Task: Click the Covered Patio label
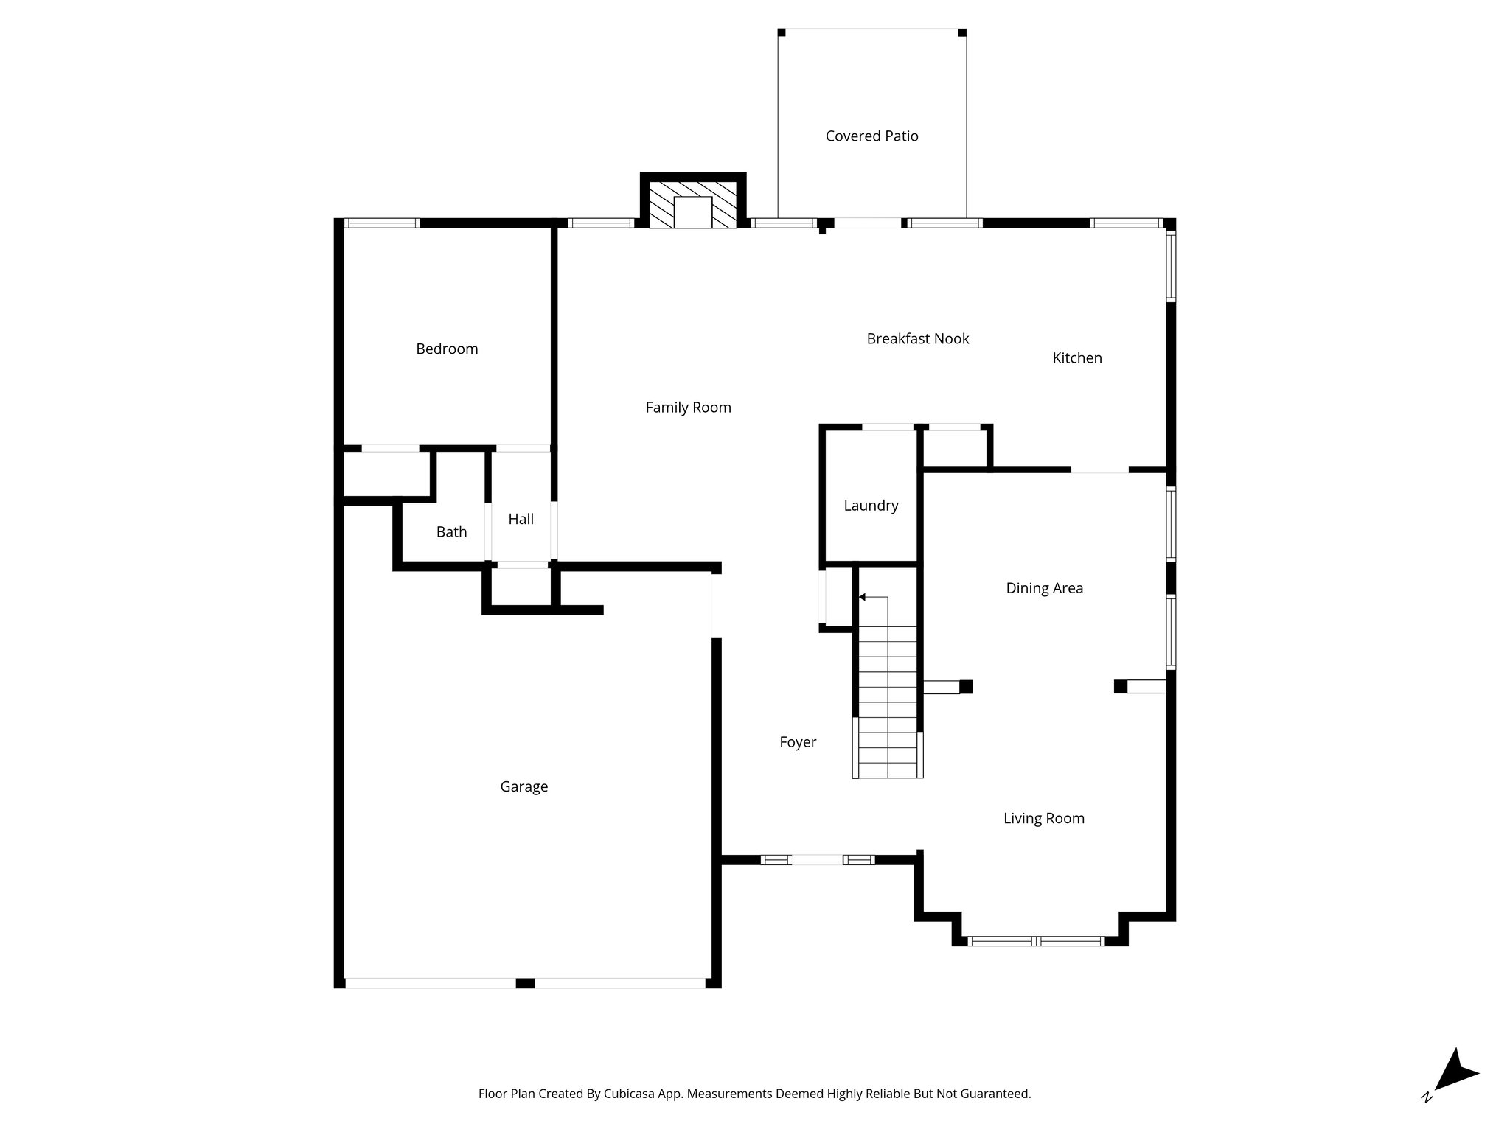tap(871, 136)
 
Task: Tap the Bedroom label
tap(447, 349)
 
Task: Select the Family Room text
tap(688, 408)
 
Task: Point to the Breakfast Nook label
tap(917, 339)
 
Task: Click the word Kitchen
tap(1076, 358)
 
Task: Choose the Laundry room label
tap(871, 506)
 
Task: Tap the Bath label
tap(451, 532)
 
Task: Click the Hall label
tap(521, 520)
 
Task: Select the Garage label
tap(523, 787)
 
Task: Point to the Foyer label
tap(798, 743)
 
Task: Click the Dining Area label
tap(1044, 588)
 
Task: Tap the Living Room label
tap(1043, 819)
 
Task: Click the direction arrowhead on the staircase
tap(863, 597)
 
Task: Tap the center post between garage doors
tap(525, 983)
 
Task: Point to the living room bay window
tap(1036, 940)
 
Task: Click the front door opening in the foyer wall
tap(815, 859)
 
